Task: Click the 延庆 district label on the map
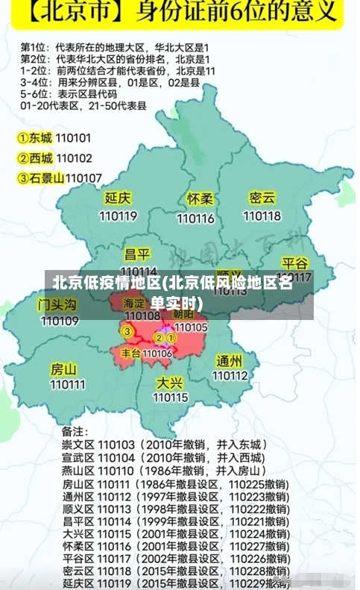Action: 118,198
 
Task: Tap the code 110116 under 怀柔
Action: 195,218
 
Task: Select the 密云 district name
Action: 262,198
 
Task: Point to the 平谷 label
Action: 295,263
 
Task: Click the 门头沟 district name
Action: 57,304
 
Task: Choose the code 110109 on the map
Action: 60,321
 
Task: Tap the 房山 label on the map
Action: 63,368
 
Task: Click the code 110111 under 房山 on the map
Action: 67,385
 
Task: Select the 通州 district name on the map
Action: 230,360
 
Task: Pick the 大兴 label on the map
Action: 169,382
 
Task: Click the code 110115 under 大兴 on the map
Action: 171,398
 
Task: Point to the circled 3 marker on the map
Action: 127,331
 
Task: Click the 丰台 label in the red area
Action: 130,353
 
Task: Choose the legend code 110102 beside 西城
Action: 74,158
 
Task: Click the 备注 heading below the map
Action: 75,431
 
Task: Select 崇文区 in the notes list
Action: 77,445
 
